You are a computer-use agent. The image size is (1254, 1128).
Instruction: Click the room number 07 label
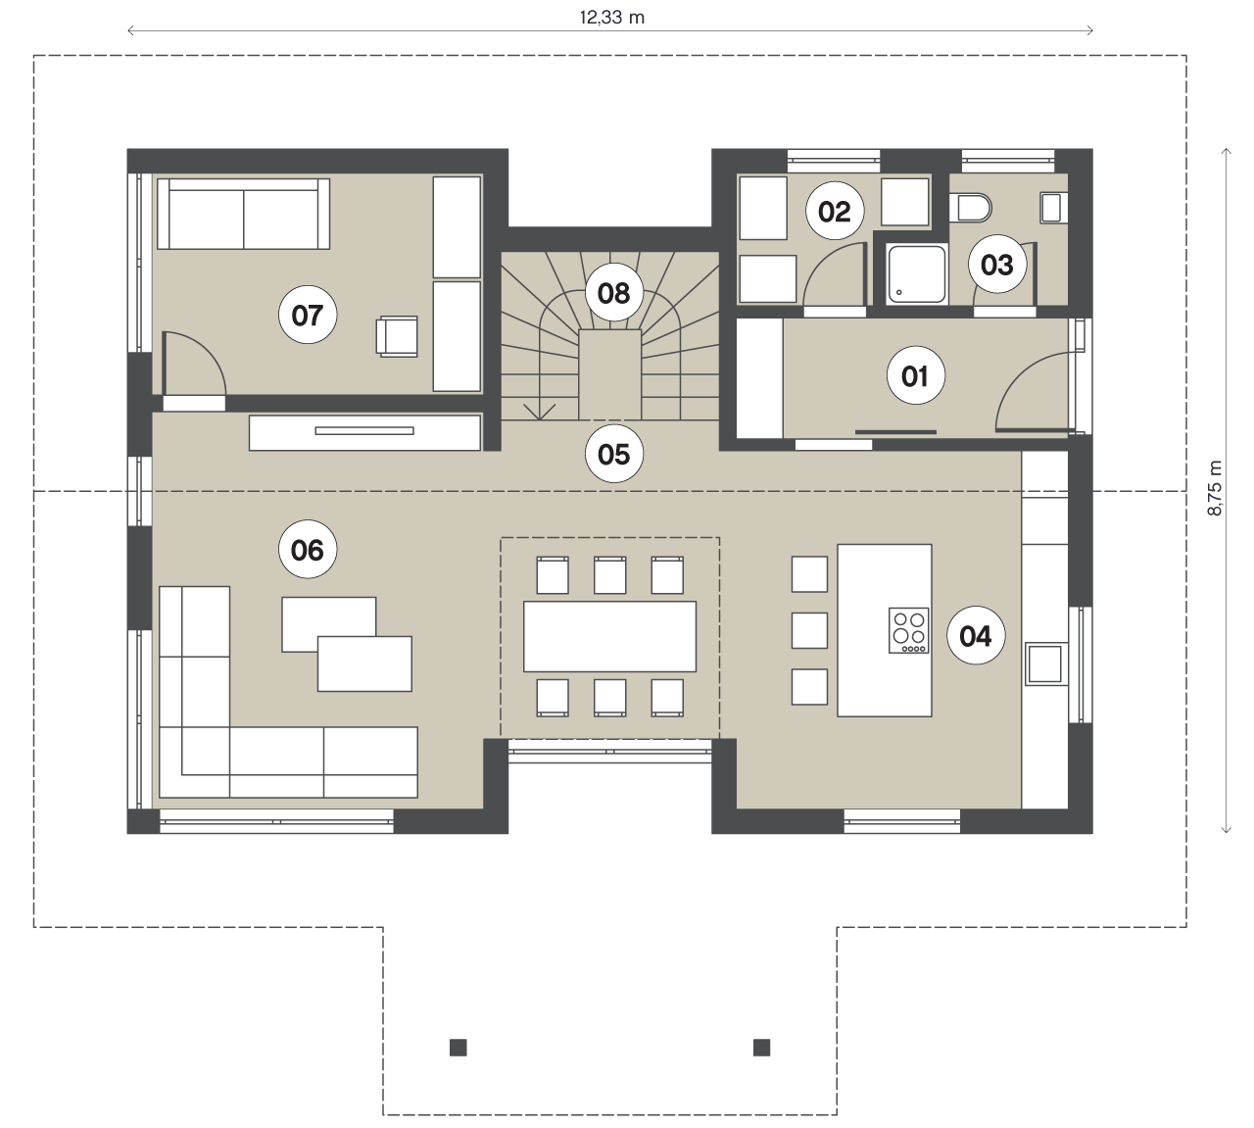(308, 315)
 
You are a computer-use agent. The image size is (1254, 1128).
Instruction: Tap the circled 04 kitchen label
(976, 636)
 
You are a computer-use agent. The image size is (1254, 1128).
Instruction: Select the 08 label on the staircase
(614, 293)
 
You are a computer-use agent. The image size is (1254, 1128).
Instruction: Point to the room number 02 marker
(835, 212)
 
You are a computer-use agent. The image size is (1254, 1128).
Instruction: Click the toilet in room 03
(970, 207)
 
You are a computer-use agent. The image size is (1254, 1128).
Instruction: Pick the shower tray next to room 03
(917, 274)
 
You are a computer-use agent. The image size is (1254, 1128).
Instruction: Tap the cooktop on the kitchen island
(908, 630)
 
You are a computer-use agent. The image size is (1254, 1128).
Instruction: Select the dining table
(609, 636)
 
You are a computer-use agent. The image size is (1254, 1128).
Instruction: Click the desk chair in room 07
(397, 336)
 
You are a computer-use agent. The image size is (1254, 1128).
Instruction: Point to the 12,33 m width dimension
(610, 30)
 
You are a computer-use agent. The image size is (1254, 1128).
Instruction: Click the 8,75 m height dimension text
(1215, 489)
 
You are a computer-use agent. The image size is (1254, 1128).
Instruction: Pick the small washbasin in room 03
(1051, 208)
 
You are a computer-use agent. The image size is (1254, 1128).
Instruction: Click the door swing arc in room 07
(207, 350)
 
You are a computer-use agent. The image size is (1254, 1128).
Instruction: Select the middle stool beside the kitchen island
(809, 630)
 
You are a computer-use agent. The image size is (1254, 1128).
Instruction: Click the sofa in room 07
(243, 214)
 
